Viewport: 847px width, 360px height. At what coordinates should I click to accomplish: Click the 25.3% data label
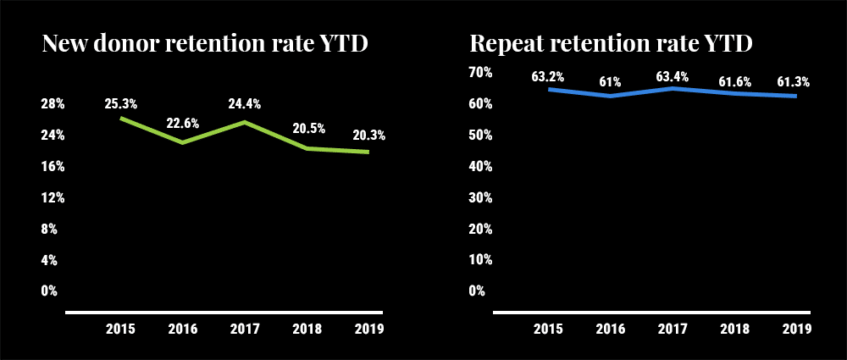click(x=122, y=103)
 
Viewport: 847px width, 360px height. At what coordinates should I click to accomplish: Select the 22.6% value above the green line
click(x=182, y=123)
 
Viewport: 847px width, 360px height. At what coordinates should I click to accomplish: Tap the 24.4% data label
click(x=245, y=103)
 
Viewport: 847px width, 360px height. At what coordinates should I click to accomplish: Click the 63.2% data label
click(x=548, y=77)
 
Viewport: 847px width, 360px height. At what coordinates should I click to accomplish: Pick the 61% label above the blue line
click(x=610, y=82)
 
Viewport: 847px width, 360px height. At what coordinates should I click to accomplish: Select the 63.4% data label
click(x=673, y=77)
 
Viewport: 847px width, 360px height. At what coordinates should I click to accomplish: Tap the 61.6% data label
click(x=734, y=82)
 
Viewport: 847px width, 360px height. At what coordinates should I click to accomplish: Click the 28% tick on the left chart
click(x=53, y=104)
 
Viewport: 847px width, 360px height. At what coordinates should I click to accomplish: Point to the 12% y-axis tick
click(x=53, y=197)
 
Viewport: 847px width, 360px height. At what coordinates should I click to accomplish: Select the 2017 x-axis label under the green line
click(x=245, y=329)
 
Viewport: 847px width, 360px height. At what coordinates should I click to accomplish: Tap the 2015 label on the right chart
click(x=548, y=329)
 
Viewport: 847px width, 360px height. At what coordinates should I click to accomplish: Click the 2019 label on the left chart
click(x=368, y=329)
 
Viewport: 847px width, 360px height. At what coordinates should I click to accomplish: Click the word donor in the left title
click(x=126, y=43)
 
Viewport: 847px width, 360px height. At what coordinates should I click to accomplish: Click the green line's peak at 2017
click(x=245, y=122)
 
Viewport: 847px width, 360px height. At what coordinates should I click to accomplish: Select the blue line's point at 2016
click(x=610, y=96)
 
